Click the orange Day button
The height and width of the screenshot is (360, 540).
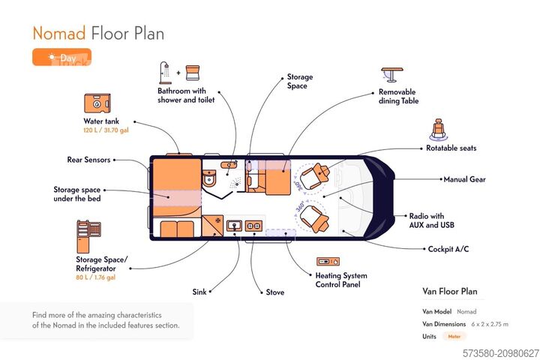point(61,57)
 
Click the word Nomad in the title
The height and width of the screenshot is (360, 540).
point(58,33)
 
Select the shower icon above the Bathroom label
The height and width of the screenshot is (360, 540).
point(165,73)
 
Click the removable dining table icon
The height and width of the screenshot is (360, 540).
point(391,75)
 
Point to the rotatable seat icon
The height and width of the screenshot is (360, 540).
point(439,129)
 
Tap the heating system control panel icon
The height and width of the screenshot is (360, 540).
point(328,262)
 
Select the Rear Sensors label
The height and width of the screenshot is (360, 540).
point(88,159)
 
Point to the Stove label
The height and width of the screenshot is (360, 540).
point(275,292)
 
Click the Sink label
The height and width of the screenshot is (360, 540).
point(199,292)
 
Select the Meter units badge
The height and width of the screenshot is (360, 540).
point(454,337)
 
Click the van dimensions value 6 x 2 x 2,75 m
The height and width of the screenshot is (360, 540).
point(490,324)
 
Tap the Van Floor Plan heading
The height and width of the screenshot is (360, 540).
point(450,292)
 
